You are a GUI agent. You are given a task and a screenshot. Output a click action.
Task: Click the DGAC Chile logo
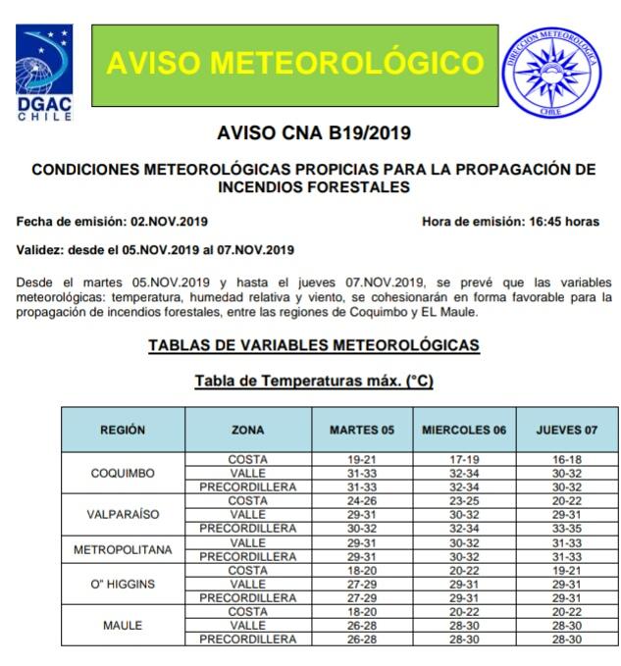[44, 72]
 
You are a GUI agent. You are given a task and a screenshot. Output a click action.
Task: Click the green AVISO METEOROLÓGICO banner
[294, 63]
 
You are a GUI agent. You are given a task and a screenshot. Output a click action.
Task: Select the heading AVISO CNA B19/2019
[313, 133]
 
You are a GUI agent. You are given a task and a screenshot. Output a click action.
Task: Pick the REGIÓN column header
[124, 430]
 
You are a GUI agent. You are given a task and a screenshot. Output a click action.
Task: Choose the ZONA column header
[247, 430]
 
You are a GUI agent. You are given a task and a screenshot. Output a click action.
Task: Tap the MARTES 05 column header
[361, 430]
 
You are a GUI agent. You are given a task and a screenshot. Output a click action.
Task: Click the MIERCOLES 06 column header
[464, 430]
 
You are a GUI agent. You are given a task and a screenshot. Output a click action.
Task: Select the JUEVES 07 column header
[567, 430]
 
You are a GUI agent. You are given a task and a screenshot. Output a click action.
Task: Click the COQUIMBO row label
[124, 473]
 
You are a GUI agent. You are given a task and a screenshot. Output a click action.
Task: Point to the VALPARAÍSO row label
[124, 514]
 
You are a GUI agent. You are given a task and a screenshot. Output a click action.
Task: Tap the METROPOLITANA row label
[124, 549]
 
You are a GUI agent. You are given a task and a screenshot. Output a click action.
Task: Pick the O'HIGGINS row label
[124, 584]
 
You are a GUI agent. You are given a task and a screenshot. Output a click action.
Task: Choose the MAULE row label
[124, 625]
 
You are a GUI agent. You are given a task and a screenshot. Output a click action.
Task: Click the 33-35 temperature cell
[567, 528]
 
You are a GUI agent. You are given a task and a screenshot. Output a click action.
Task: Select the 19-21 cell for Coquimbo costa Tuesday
[361, 459]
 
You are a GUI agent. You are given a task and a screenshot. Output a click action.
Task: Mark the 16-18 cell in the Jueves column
[567, 459]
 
